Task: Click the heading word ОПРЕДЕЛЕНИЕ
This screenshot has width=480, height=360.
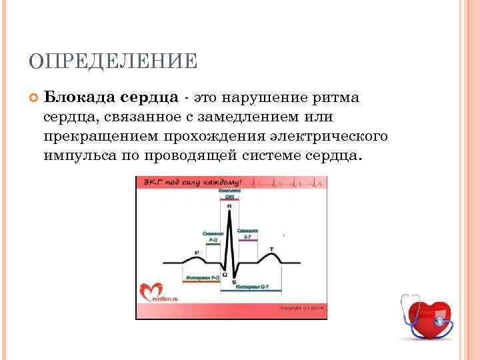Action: (x=113, y=62)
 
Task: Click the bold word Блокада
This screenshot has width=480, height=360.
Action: (x=80, y=98)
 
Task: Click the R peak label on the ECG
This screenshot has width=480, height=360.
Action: (x=229, y=207)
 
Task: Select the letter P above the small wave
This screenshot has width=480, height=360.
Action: (x=196, y=252)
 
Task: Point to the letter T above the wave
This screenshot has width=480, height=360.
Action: (x=271, y=249)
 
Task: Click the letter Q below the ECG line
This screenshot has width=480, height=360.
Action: (x=224, y=274)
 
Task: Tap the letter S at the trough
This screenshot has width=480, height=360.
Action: (x=233, y=282)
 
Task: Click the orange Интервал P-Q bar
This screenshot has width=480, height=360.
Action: (x=203, y=281)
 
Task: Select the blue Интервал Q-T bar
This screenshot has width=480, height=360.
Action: (x=251, y=290)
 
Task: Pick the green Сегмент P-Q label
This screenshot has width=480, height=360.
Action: (x=213, y=237)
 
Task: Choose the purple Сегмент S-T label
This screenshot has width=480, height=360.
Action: (x=247, y=233)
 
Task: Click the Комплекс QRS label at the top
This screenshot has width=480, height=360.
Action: (x=229, y=194)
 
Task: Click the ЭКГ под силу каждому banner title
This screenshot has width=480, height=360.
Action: (x=191, y=183)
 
